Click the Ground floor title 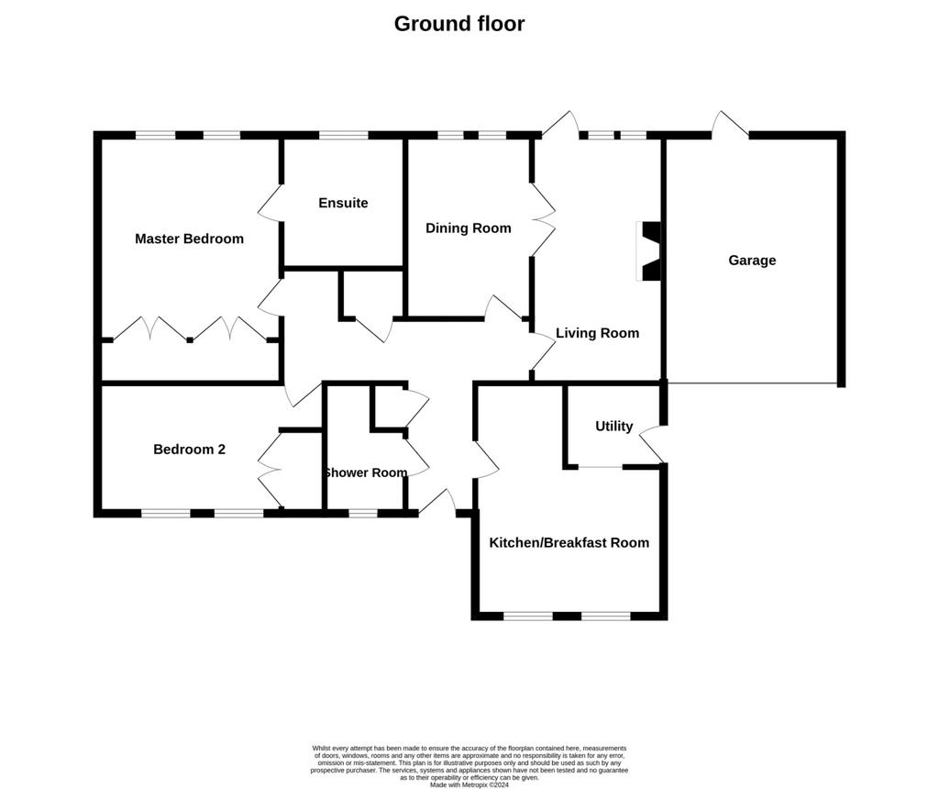click(x=459, y=24)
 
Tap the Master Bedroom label click(x=189, y=239)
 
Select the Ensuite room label click(x=343, y=203)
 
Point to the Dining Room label click(x=469, y=228)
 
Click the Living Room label click(x=597, y=333)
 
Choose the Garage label click(x=752, y=261)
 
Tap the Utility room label click(x=613, y=427)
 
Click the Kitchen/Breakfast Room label click(x=569, y=543)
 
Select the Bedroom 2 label click(x=189, y=450)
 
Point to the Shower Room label click(x=365, y=472)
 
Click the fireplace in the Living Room click(x=648, y=251)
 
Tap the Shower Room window click(x=363, y=514)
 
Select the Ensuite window click(x=343, y=136)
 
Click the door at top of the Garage click(x=730, y=124)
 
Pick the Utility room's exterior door click(x=653, y=444)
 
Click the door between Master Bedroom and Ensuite click(x=271, y=203)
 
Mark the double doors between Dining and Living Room click(x=543, y=220)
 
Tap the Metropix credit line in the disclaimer click(x=469, y=784)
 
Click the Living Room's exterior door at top click(x=560, y=125)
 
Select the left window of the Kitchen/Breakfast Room click(x=528, y=616)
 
